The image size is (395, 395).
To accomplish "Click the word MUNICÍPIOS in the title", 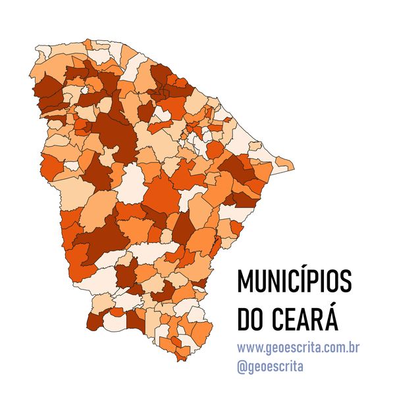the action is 295,282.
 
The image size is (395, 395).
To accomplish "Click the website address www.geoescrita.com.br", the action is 298,347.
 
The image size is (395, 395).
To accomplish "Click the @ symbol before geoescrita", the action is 242,365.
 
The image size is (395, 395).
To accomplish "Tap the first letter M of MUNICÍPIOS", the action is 246,282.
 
